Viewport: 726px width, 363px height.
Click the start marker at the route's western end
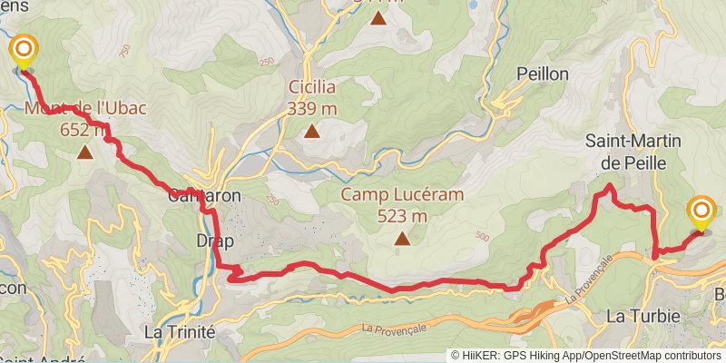click(x=23, y=49)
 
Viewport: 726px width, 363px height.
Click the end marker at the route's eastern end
click(x=701, y=211)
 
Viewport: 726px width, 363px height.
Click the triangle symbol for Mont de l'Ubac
click(x=85, y=152)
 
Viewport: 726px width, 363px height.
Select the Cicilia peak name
click(x=312, y=87)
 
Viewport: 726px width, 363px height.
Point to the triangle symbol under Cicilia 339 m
click(x=312, y=132)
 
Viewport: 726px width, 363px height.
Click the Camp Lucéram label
click(x=402, y=195)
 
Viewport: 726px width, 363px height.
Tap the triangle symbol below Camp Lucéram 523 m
click(x=402, y=240)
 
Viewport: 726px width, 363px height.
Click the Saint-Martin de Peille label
click(x=633, y=152)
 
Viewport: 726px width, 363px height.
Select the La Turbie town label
click(x=637, y=316)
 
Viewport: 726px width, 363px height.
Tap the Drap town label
click(x=215, y=241)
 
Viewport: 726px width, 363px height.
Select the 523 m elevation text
click(x=402, y=217)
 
